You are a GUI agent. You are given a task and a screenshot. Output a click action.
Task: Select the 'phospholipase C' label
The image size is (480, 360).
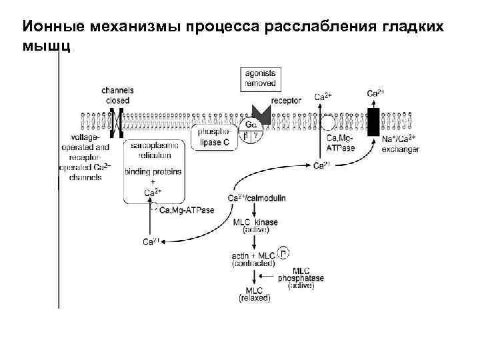pos(214,137)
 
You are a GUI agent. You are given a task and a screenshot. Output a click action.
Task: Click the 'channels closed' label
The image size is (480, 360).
pos(117,95)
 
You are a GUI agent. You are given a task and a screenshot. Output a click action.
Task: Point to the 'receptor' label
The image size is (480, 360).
pos(287,101)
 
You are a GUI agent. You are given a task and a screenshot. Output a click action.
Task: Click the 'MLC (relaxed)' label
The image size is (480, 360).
pos(254,294)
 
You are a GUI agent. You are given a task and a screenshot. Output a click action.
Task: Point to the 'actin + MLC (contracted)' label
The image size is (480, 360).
pos(251,259)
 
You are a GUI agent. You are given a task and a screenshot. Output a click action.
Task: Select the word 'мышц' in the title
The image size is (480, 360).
pos(45,47)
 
